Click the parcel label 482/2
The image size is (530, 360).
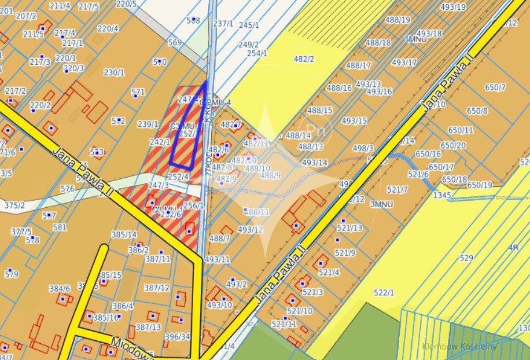click(304, 59)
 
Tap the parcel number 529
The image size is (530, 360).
click(466, 258)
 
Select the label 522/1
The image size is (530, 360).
click(384, 293)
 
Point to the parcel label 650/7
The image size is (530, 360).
click(495, 87)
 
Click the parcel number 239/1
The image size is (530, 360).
click(148, 124)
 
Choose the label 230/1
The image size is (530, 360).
click(114, 72)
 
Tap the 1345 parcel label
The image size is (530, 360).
click(441, 196)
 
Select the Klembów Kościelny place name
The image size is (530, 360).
click(460, 347)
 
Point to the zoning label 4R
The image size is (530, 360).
click(513, 248)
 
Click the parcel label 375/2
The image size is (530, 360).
click(14, 205)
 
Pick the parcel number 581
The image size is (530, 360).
click(60, 227)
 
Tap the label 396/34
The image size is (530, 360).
click(177, 336)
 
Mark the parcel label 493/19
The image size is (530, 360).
click(452, 7)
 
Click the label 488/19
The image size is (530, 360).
click(397, 20)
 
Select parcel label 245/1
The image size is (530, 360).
click(249, 25)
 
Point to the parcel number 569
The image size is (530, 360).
click(175, 42)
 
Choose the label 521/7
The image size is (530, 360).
click(397, 189)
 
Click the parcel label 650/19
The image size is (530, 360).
click(480, 185)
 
